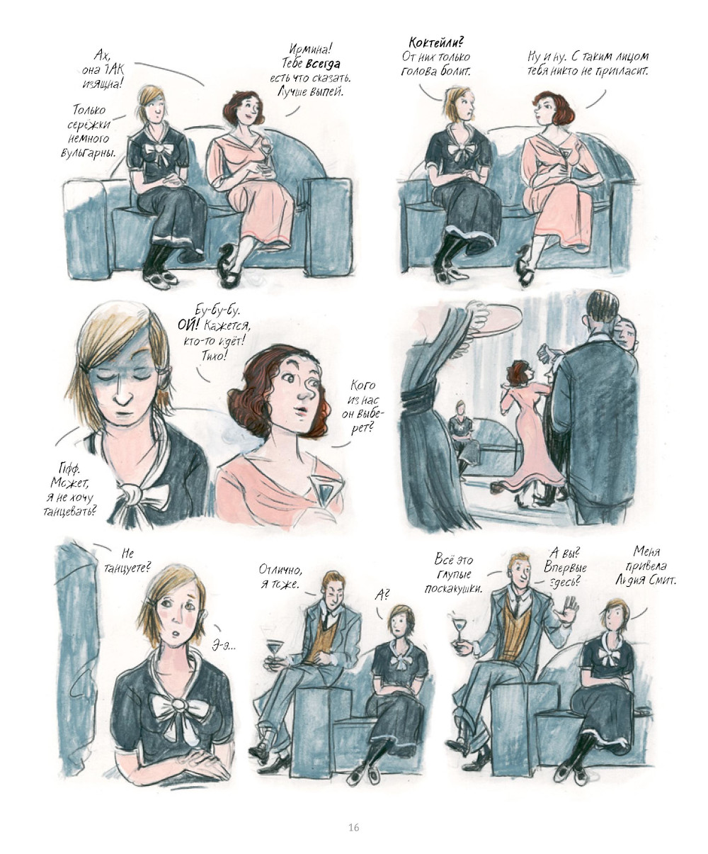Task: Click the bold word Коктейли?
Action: pos(437,43)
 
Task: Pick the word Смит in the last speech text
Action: pos(662,580)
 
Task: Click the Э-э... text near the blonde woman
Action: pos(224,646)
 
